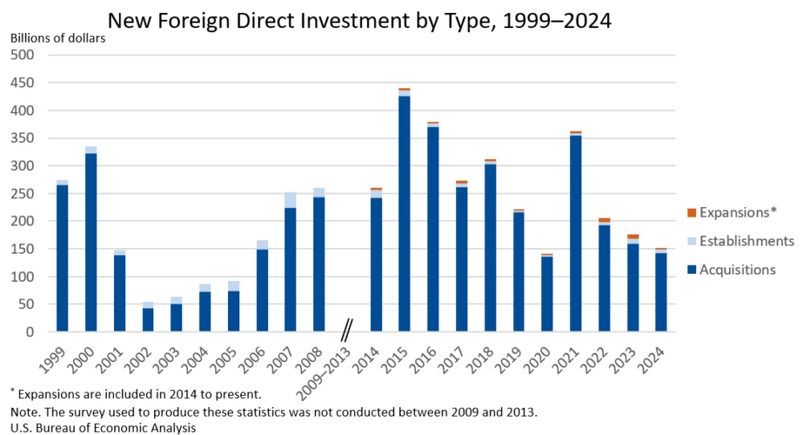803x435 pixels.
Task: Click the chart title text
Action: point(359,21)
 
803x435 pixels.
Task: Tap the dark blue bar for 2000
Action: point(91,241)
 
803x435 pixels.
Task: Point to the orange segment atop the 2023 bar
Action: point(633,236)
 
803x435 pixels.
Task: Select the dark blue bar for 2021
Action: point(576,233)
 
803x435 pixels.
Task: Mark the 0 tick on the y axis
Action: point(31,332)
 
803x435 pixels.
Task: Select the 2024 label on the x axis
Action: point(654,354)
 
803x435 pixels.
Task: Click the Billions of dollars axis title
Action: point(57,38)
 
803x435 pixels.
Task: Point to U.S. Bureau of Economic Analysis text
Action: point(103,427)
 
